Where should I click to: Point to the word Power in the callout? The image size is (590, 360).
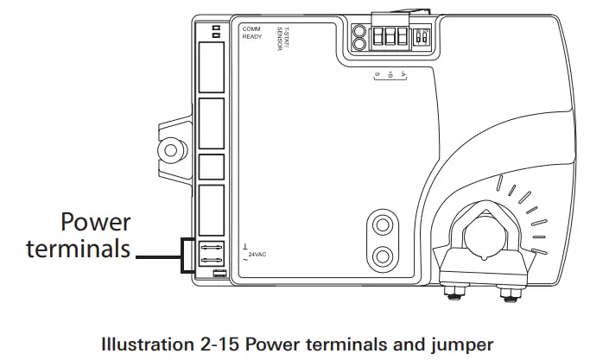pyautogui.click(x=96, y=223)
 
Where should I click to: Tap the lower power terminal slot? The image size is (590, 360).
pyautogui.click(x=212, y=262)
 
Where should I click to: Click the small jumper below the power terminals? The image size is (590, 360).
pyautogui.click(x=219, y=275)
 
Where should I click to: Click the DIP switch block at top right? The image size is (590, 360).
pyautogui.click(x=423, y=39)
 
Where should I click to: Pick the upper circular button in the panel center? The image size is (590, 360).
pyautogui.click(x=380, y=224)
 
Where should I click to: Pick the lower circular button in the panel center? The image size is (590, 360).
pyautogui.click(x=380, y=256)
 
